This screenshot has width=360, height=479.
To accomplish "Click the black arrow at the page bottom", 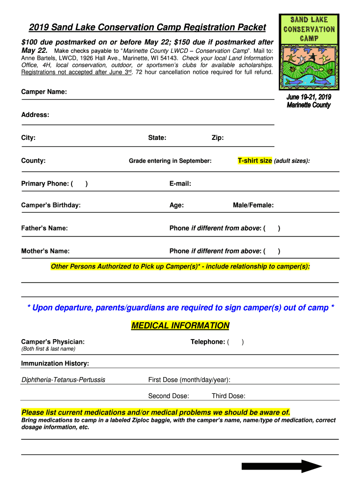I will coord(281,466).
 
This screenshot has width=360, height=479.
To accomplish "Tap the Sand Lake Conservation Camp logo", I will coord(309,51).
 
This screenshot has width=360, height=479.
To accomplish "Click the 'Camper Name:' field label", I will coord(44,92).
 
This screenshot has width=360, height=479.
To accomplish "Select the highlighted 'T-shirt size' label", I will coord(255,160).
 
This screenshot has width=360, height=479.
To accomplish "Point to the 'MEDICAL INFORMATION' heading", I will coord(180,326).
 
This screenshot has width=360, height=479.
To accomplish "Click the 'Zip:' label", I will coord(217,138).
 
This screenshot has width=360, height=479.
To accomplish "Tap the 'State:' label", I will coord(157,138).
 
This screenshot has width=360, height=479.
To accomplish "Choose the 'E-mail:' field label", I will coord(180,183).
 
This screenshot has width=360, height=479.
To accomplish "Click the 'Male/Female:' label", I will coord(253,205).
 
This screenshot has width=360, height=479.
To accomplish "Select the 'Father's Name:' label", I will coord(44,228).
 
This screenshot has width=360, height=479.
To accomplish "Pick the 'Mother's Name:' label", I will coord(45,251).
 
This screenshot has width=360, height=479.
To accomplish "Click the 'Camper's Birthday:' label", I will coord(51,205).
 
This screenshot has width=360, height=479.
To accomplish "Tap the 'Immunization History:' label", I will coord(55,363).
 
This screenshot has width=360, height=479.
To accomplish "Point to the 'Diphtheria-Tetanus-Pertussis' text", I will coord(63,379).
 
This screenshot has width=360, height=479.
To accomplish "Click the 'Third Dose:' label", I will coord(228,396).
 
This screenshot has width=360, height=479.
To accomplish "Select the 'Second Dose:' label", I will coord(168,396).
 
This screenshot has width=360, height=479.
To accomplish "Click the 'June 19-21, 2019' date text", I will coord(309,97).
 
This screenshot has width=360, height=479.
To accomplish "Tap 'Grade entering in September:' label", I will coord(170,161).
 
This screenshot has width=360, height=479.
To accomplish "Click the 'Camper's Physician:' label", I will coord(53,342).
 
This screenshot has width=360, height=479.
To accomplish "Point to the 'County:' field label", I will coord(33,160).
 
